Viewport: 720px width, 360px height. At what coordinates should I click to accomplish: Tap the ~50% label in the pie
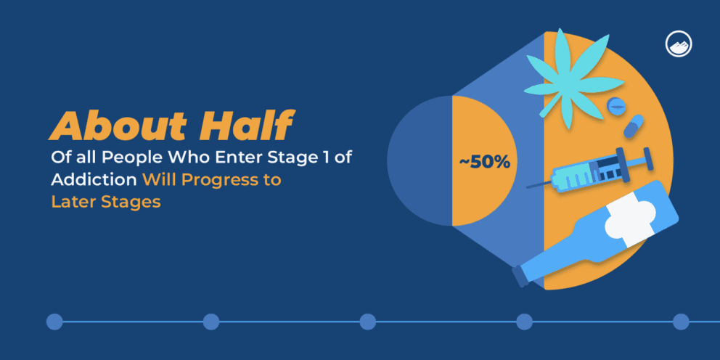(x=484, y=163)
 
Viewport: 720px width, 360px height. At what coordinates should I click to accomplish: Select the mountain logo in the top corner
(x=678, y=45)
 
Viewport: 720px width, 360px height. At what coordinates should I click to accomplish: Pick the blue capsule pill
(x=633, y=126)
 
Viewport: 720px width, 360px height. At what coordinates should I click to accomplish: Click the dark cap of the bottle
(x=520, y=276)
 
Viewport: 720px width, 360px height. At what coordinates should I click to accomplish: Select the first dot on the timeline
(x=54, y=322)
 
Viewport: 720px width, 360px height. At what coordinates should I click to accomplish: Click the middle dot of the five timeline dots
(x=367, y=322)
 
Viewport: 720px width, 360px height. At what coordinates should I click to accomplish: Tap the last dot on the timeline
(x=681, y=322)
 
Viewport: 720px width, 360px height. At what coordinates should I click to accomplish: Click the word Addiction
(x=94, y=180)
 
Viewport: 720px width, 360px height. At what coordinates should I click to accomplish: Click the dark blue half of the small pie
(x=420, y=160)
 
